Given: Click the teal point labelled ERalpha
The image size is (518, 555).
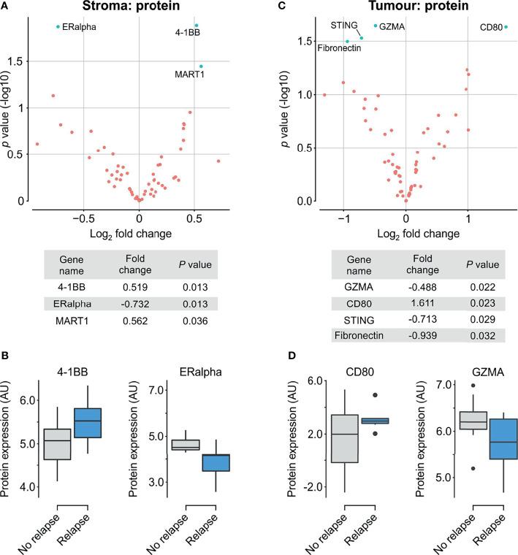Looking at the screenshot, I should [58, 27].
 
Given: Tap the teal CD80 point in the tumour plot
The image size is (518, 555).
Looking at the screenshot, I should [506, 27].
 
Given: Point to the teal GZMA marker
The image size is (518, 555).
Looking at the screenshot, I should [376, 26].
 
